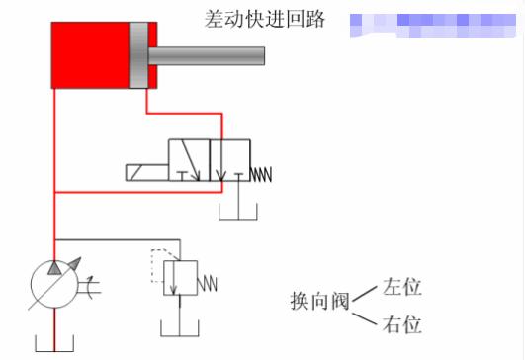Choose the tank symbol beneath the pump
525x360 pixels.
[54, 345]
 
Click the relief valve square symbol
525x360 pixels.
[180, 278]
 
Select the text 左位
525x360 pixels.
[401, 287]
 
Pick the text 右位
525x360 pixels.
[401, 324]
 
